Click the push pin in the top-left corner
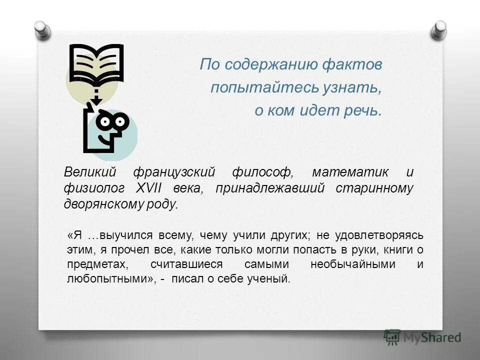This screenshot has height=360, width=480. (x=43, y=29)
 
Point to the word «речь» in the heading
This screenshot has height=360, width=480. (x=359, y=110)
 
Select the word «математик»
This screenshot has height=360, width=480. (x=350, y=172)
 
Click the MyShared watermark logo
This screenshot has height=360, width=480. (x=422, y=337)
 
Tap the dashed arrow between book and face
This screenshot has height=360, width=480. (x=95, y=96)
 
